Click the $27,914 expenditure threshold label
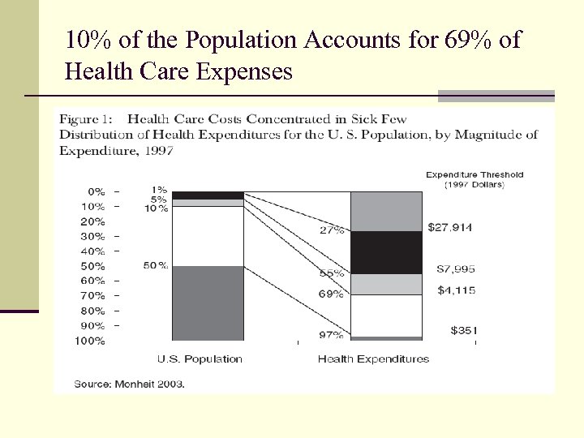(x=449, y=228)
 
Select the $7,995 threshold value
(x=455, y=268)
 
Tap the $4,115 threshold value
(x=455, y=290)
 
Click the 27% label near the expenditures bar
(x=332, y=230)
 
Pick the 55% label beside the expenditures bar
(x=331, y=274)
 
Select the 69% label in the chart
(x=330, y=294)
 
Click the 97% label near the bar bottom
(x=331, y=335)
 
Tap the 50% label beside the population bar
(x=156, y=265)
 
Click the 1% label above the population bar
(x=160, y=190)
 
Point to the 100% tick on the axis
(x=90, y=341)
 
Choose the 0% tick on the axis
(x=96, y=191)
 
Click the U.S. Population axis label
(x=200, y=359)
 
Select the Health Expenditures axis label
(x=373, y=359)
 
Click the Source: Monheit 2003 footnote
(x=130, y=384)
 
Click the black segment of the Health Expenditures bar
(x=386, y=252)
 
